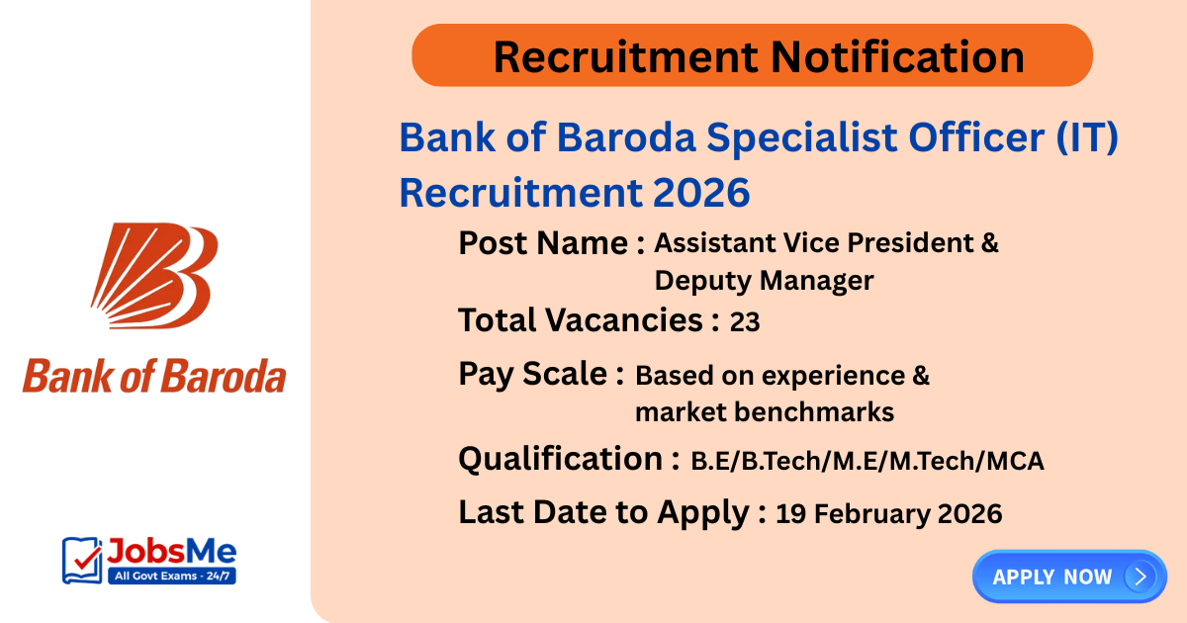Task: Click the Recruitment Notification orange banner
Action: click(752, 55)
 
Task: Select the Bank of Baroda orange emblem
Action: click(153, 269)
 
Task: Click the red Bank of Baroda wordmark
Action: click(153, 377)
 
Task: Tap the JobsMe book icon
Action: click(82, 560)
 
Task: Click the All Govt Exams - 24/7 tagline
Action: click(170, 575)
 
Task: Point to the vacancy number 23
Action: click(745, 321)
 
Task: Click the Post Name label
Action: click(552, 243)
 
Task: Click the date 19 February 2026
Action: click(888, 513)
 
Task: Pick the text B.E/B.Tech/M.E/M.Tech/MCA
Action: click(867, 460)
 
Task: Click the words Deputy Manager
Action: click(764, 281)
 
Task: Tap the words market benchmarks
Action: click(764, 411)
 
